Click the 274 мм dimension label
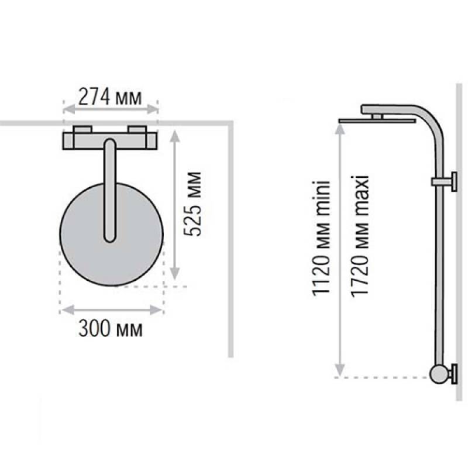click(110, 97)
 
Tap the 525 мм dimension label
click(192, 204)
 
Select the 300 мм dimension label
click(111, 328)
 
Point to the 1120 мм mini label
click(321, 239)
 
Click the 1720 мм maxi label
click(360, 236)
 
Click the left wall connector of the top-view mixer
click(82, 129)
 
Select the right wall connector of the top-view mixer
click(137, 129)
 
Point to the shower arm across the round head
click(109, 191)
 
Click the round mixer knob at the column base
click(438, 374)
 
